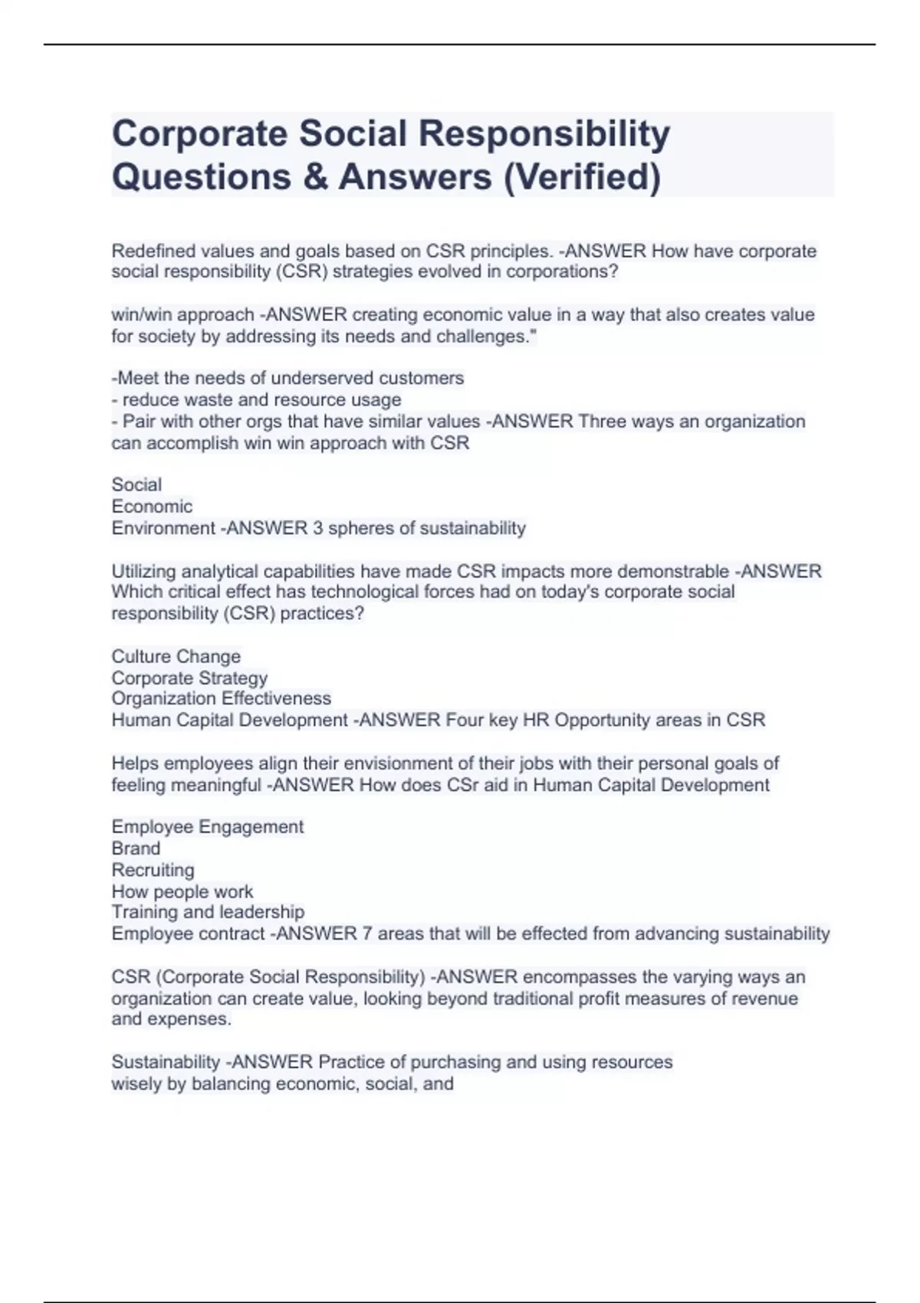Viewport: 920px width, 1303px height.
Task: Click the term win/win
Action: pyautogui.click(x=140, y=315)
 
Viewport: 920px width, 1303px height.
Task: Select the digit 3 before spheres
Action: pyautogui.click(x=317, y=528)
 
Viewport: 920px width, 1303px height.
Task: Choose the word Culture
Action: pyautogui.click(x=140, y=657)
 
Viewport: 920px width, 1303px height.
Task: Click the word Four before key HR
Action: pyautogui.click(x=464, y=720)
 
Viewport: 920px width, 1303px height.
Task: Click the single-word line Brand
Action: pyautogui.click(x=136, y=848)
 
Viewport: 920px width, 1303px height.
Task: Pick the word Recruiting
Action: pyautogui.click(x=153, y=870)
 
